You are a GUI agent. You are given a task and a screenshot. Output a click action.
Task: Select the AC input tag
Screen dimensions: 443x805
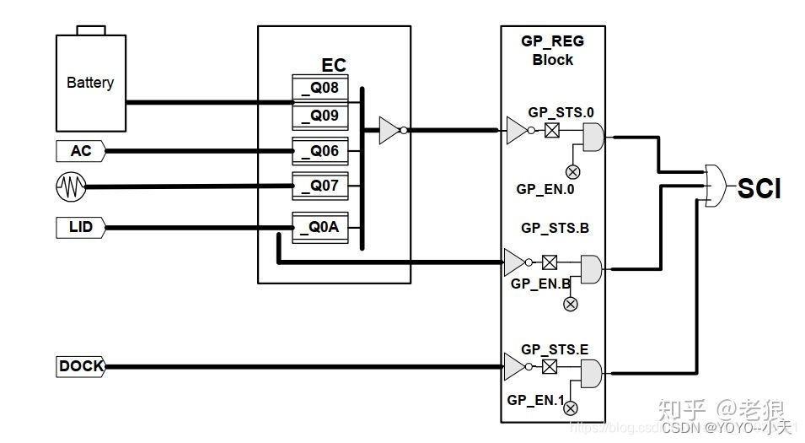pyautogui.click(x=80, y=151)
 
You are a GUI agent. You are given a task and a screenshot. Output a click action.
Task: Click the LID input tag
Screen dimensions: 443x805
pyautogui.click(x=80, y=227)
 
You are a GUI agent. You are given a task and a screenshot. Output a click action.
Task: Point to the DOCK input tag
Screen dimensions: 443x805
pyautogui.click(x=81, y=366)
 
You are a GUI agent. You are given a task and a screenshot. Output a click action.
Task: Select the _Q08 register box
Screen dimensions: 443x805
pyautogui.click(x=320, y=88)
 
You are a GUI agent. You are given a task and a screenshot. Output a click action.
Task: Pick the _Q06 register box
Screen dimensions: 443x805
pyautogui.click(x=320, y=150)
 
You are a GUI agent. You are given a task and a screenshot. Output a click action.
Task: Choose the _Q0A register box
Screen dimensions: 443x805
pyautogui.click(x=320, y=227)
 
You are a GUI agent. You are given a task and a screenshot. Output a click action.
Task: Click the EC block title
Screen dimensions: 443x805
pyautogui.click(x=334, y=66)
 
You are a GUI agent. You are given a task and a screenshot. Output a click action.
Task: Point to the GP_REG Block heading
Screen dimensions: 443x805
pyautogui.click(x=553, y=50)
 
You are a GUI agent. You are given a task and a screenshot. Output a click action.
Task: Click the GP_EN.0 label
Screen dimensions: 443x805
pyautogui.click(x=545, y=189)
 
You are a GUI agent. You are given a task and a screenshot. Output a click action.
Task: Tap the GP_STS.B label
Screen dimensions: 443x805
pyautogui.click(x=554, y=227)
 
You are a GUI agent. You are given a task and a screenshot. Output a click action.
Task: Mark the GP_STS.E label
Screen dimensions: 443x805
pyautogui.click(x=554, y=348)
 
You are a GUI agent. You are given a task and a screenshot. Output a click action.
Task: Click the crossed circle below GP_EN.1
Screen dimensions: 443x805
pyautogui.click(x=571, y=408)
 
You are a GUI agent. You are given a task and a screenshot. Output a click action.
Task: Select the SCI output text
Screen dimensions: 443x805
pyautogui.click(x=759, y=189)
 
